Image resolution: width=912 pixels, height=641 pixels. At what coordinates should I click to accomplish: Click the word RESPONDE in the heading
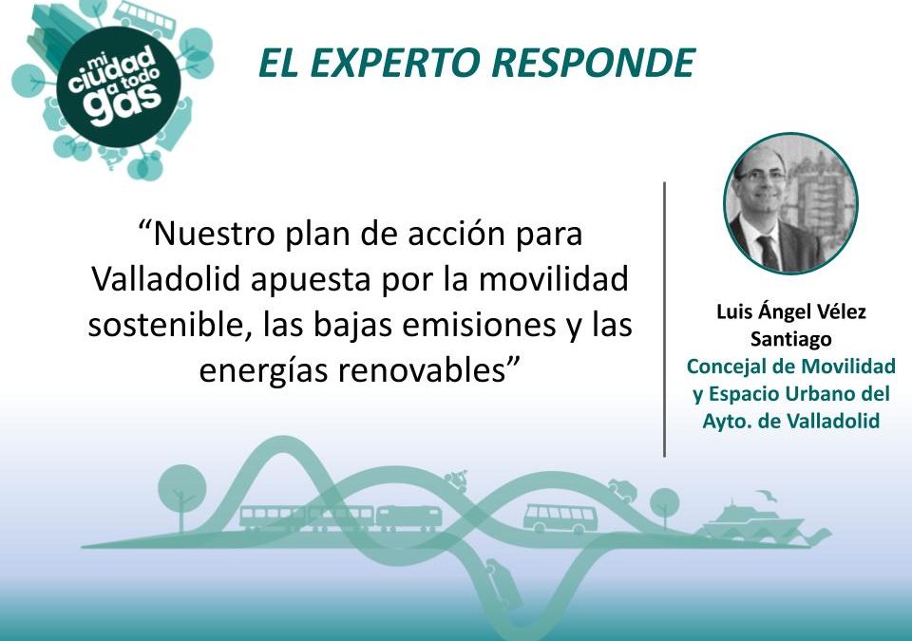coord(594,63)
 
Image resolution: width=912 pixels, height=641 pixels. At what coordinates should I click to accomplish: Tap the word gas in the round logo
coord(123,103)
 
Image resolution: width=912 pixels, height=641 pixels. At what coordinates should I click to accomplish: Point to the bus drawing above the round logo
coord(144,19)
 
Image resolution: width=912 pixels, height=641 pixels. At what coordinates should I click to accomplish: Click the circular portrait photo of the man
coord(791,203)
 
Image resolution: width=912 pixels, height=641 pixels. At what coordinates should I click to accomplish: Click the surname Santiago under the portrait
coord(791,338)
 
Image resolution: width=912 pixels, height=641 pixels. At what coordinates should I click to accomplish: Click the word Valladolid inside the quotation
coord(166,279)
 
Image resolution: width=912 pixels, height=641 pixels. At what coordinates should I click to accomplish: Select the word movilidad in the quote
coord(554,279)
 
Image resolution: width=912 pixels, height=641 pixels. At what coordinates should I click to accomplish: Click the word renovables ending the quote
coord(422,370)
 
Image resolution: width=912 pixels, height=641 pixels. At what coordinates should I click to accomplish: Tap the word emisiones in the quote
coord(479,325)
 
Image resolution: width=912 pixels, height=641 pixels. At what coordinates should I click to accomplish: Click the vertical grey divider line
coord(664,319)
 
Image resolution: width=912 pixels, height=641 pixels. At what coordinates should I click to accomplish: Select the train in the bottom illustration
coord(341,518)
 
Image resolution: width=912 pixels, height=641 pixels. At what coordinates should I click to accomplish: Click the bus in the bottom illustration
coord(560,518)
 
